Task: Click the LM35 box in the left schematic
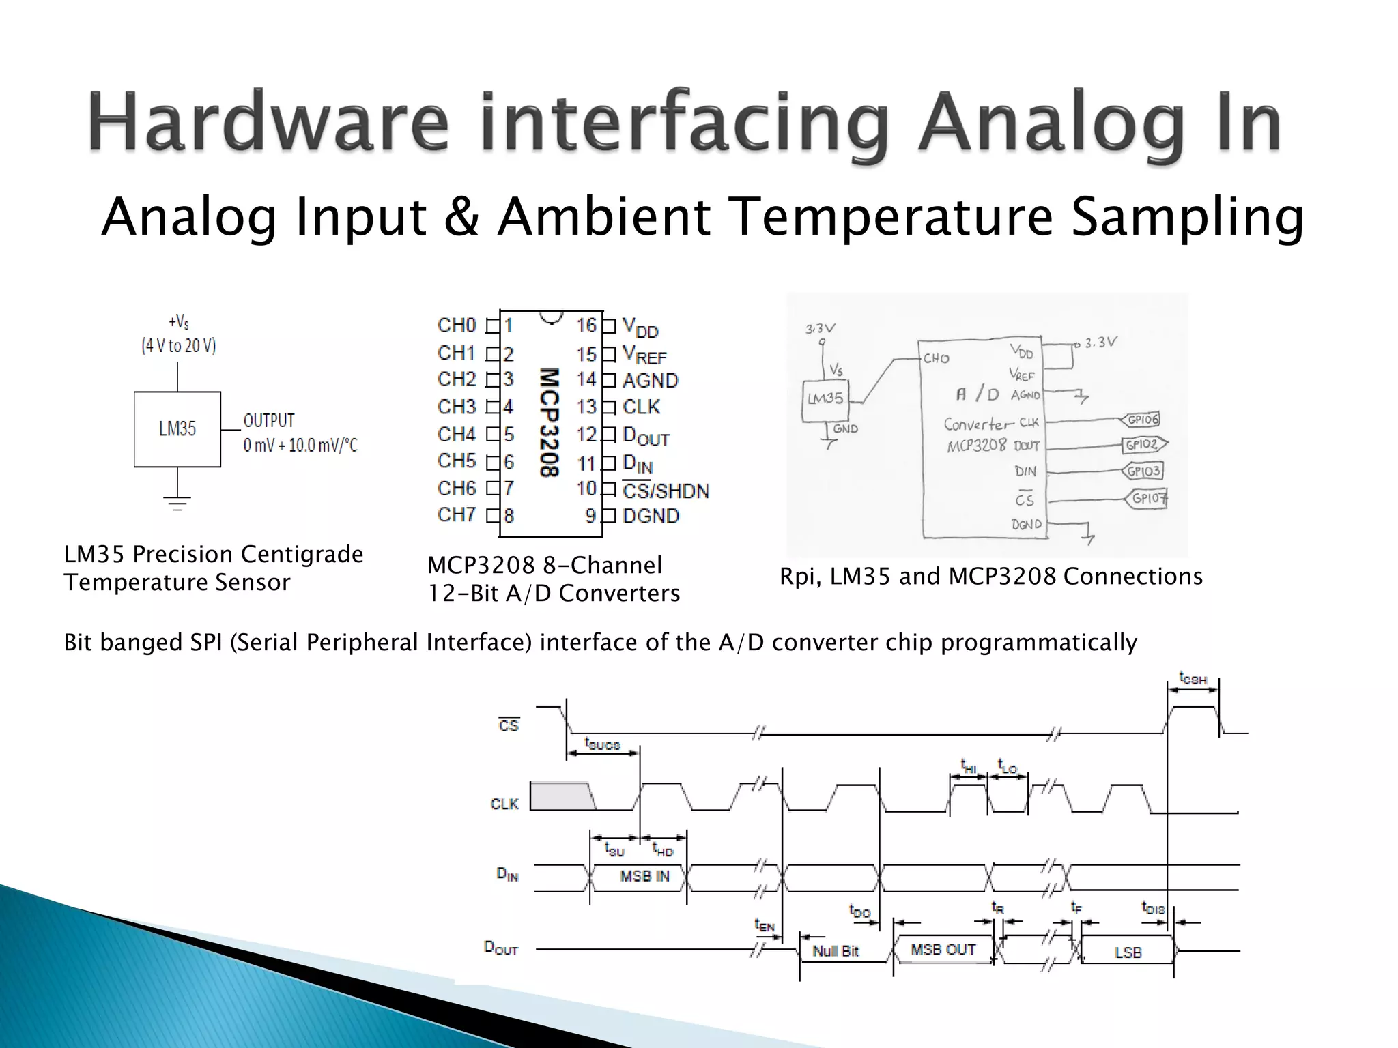[x=177, y=429]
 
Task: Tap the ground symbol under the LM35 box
[x=177, y=504]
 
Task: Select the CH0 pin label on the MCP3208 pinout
[x=457, y=325]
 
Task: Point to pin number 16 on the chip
[x=586, y=325]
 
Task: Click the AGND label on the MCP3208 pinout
[x=651, y=381]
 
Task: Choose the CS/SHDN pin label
[x=666, y=491]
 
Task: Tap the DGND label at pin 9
[x=651, y=516]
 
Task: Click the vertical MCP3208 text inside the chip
[x=550, y=423]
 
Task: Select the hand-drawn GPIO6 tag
[x=1143, y=419]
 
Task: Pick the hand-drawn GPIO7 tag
[x=1147, y=498]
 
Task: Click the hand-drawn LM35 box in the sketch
[x=825, y=398]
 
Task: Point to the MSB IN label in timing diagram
[x=644, y=876]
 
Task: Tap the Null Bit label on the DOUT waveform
[x=836, y=951]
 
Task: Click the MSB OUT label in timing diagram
[x=943, y=950]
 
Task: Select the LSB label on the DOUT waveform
[x=1128, y=952]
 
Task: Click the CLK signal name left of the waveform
[x=504, y=804]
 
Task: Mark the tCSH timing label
[x=1193, y=679]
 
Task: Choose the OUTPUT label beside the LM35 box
[x=269, y=420]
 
